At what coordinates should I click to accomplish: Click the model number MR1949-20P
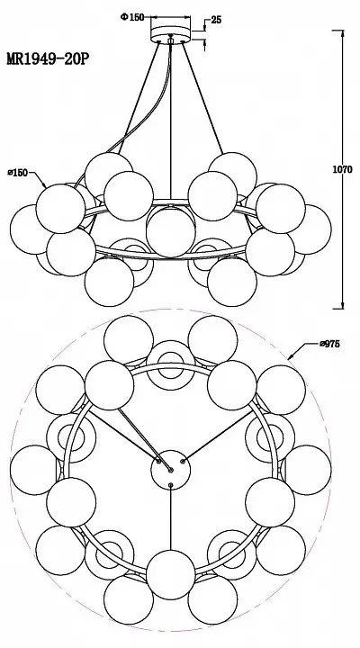click(48, 59)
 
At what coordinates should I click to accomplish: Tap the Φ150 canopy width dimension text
click(132, 17)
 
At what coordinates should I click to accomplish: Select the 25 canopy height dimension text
click(216, 20)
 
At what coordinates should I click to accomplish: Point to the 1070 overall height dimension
click(343, 169)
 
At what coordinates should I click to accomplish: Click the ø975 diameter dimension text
click(329, 344)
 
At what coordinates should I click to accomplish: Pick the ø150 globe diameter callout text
click(18, 173)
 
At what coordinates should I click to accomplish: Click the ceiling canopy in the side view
click(171, 35)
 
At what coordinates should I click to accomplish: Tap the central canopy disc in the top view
click(171, 470)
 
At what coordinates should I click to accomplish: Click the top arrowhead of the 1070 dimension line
click(343, 33)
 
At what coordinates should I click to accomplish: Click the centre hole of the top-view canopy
click(171, 470)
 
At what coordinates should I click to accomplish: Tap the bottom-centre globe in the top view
click(171, 574)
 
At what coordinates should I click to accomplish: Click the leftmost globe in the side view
click(35, 229)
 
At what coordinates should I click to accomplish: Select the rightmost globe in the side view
click(307, 229)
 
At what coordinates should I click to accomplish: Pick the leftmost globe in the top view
click(35, 470)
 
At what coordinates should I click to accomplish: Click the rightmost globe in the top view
click(306, 470)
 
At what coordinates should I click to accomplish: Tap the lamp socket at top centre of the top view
click(171, 365)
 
